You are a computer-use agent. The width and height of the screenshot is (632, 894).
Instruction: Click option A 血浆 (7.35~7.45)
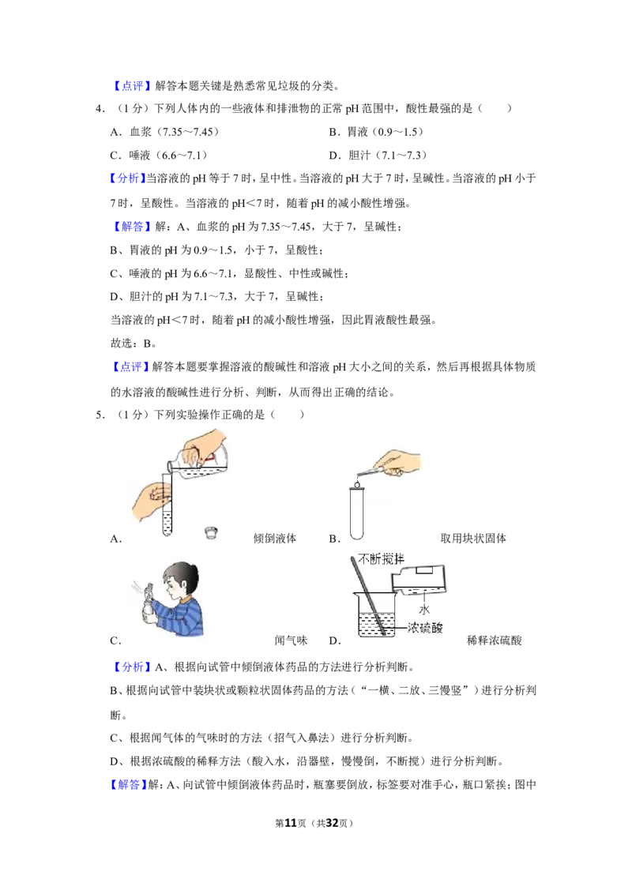pyautogui.click(x=165, y=132)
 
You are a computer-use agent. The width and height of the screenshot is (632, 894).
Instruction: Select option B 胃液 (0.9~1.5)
pyautogui.click(x=377, y=132)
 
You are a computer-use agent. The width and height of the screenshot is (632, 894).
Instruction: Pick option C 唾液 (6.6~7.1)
pyautogui.click(x=159, y=155)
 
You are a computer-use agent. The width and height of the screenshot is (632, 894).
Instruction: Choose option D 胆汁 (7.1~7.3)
pyautogui.click(x=378, y=155)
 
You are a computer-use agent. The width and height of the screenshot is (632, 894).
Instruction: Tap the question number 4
pyautogui.click(x=100, y=108)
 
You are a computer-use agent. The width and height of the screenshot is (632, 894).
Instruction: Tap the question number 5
pyautogui.click(x=100, y=415)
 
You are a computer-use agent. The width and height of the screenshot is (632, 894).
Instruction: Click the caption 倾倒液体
pyautogui.click(x=275, y=539)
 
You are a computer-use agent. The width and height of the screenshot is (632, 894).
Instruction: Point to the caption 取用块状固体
pyautogui.click(x=473, y=539)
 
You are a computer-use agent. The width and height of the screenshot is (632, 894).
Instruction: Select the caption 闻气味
pyautogui.click(x=291, y=640)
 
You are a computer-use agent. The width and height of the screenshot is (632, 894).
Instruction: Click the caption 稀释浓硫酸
pyautogui.click(x=495, y=640)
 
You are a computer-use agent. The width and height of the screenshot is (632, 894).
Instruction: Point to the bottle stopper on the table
pyautogui.click(x=211, y=533)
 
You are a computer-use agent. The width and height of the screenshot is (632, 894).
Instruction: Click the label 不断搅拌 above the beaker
pyautogui.click(x=381, y=559)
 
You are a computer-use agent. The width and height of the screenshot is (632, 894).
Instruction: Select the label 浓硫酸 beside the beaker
pyautogui.click(x=425, y=628)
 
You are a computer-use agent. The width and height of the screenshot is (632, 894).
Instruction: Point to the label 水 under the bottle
pyautogui.click(x=424, y=610)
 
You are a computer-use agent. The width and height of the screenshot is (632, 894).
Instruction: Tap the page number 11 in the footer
pyautogui.click(x=291, y=823)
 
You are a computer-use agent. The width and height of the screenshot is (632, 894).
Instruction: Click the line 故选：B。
pyautogui.click(x=134, y=344)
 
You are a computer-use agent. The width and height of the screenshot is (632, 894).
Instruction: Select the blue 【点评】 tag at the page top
pyautogui.click(x=130, y=86)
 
